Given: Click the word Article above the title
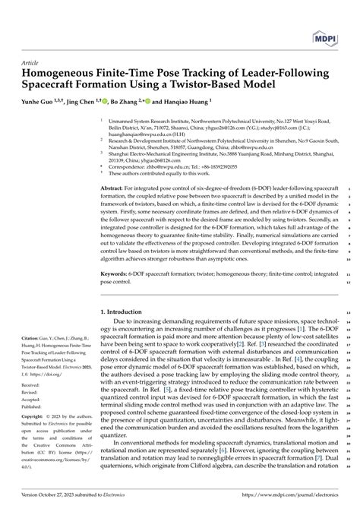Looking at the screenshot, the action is (x=27, y=64).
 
